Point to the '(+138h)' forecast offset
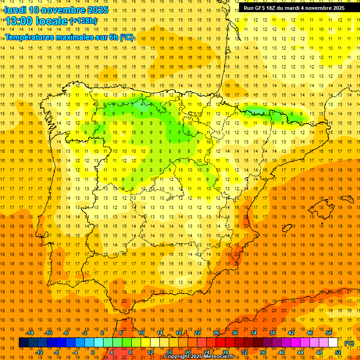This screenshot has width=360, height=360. click(x=83, y=21)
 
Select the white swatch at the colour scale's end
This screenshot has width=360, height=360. click(x=333, y=343)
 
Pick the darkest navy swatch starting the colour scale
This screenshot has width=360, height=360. click(x=23, y=343)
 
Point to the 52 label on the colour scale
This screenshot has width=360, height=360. click(x=338, y=352)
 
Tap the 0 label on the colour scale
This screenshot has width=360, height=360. click(x=93, y=352)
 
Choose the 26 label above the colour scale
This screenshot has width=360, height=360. click(x=216, y=333)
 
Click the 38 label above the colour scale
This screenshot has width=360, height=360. click(x=272, y=333)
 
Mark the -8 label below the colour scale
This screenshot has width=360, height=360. click(x=56, y=352)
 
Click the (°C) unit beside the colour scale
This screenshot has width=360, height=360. click(x=349, y=343)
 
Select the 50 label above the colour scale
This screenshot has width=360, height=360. click(x=329, y=333)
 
